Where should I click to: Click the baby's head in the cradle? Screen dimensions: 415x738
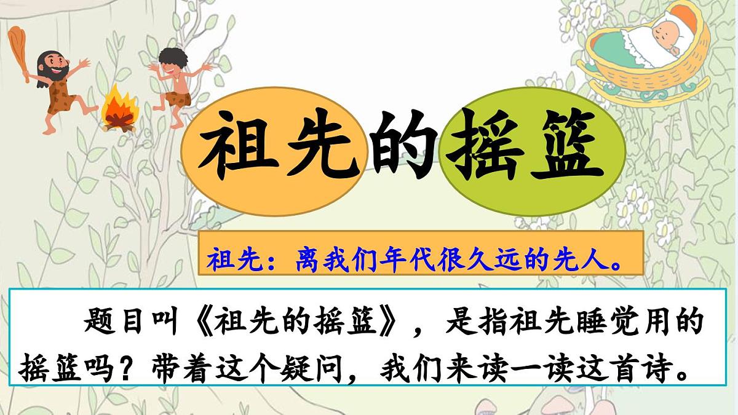pos(665,29)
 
